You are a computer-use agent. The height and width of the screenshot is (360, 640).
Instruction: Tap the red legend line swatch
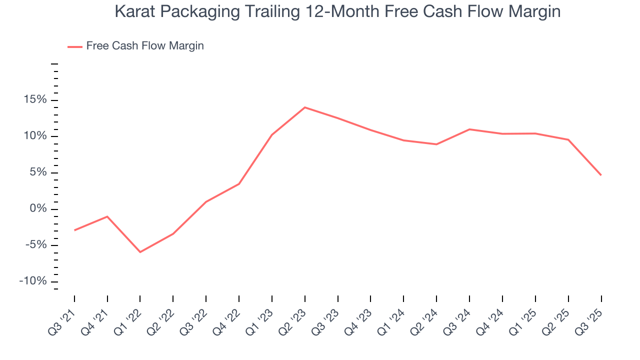point(74,46)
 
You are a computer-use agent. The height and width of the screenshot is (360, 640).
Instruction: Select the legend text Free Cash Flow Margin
point(145,46)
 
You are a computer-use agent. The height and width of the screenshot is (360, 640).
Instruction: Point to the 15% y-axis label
point(35,100)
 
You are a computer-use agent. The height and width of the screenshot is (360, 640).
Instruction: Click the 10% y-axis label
point(35,136)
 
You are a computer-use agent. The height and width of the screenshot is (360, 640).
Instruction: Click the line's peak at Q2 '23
point(304,107)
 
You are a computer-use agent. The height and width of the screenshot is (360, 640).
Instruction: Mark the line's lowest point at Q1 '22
point(140,252)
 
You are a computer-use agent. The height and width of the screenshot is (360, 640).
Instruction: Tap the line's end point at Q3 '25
point(600,175)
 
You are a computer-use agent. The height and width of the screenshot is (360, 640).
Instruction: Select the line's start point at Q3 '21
point(74,230)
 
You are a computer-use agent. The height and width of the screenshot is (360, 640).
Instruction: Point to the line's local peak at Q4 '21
point(107,216)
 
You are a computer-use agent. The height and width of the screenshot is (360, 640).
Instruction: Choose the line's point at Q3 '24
point(469,129)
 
